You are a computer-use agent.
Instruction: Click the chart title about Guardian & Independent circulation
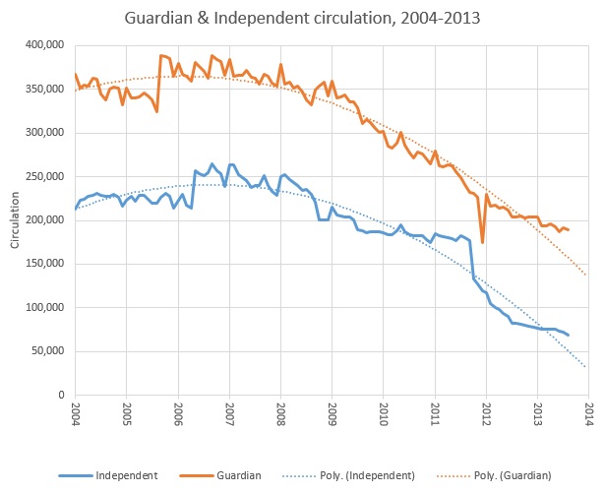coord(302,18)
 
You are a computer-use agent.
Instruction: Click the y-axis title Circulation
coord(16,220)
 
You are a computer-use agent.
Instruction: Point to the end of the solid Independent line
coord(569,336)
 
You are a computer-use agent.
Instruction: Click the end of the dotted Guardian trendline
coord(587,275)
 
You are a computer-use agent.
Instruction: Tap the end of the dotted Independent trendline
coord(587,368)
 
